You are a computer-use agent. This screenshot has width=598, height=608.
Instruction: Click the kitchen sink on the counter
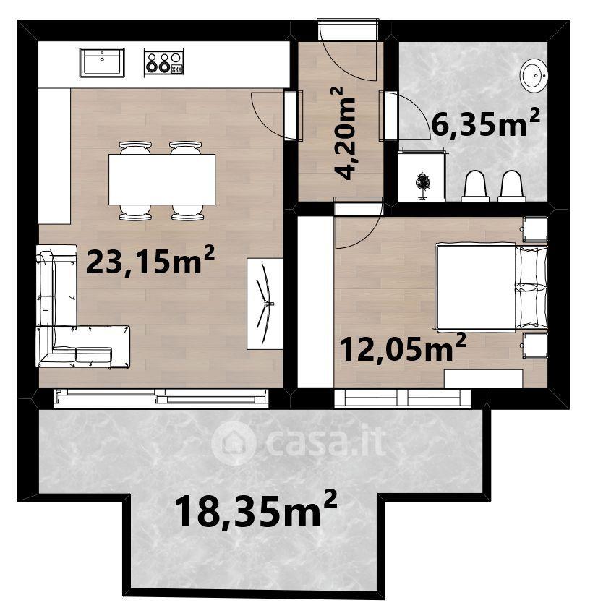point(102,62)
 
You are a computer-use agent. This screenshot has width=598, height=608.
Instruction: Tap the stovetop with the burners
point(163,61)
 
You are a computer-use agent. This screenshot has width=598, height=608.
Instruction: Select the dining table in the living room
point(162,179)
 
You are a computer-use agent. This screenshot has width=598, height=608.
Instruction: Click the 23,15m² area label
point(150,260)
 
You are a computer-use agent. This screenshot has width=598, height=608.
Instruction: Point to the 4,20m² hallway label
point(343,133)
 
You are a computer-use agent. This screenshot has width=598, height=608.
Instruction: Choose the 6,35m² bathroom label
point(485,122)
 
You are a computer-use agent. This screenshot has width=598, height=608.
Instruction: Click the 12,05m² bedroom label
point(403,347)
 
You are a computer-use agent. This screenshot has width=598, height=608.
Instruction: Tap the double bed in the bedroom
point(492,287)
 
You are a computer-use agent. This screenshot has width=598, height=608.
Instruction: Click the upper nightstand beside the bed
point(535,228)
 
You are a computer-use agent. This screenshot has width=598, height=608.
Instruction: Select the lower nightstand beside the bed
point(535,346)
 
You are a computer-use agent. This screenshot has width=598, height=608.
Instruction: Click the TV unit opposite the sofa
point(265,304)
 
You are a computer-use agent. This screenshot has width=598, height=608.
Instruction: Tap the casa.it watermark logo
point(299,442)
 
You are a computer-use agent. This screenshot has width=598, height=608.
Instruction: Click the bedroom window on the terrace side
point(402,398)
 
